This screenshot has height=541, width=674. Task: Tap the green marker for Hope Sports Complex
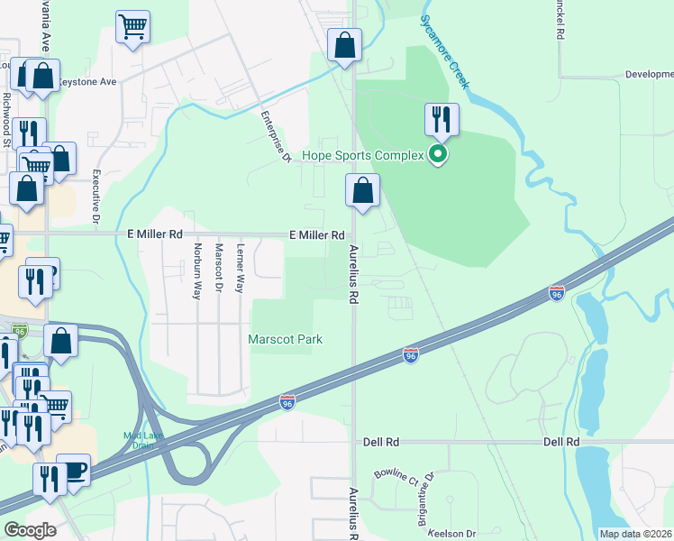(439, 155)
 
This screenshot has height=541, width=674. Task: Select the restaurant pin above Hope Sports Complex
(442, 119)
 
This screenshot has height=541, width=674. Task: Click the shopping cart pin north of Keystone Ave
(133, 27)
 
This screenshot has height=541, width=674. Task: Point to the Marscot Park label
(286, 339)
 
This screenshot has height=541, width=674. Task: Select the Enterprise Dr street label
(273, 137)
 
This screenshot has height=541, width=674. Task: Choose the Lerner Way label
(240, 268)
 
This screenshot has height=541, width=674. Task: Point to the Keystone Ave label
(87, 82)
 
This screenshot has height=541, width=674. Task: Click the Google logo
(29, 530)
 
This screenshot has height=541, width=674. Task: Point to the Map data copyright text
(635, 534)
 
